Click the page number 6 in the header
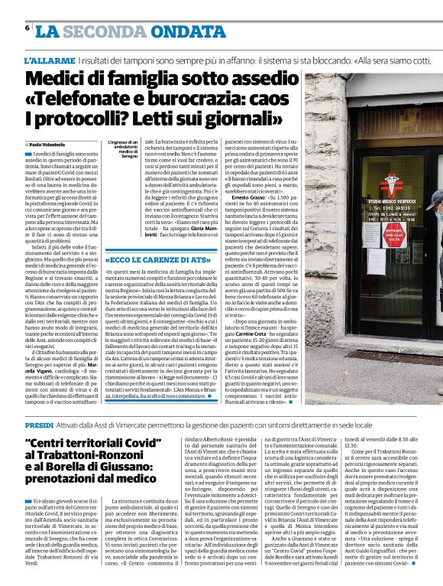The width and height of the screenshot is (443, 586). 27,27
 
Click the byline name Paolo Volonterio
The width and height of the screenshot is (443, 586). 48,144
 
